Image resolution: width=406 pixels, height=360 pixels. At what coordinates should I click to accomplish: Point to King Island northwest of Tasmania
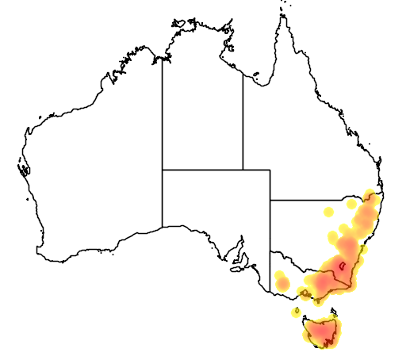(296, 312)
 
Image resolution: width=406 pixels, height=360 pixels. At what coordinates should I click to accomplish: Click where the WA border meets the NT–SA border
(163, 170)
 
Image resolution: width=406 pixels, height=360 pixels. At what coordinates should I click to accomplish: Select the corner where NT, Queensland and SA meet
(243, 170)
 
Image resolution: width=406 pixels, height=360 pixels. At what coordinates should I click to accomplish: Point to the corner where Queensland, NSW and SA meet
(270, 201)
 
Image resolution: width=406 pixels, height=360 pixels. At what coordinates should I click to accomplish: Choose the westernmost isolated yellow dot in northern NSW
(329, 212)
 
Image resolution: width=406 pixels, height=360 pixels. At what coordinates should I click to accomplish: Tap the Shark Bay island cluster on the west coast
(23, 168)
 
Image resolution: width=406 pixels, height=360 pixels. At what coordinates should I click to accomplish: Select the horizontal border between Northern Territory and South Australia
(202, 170)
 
